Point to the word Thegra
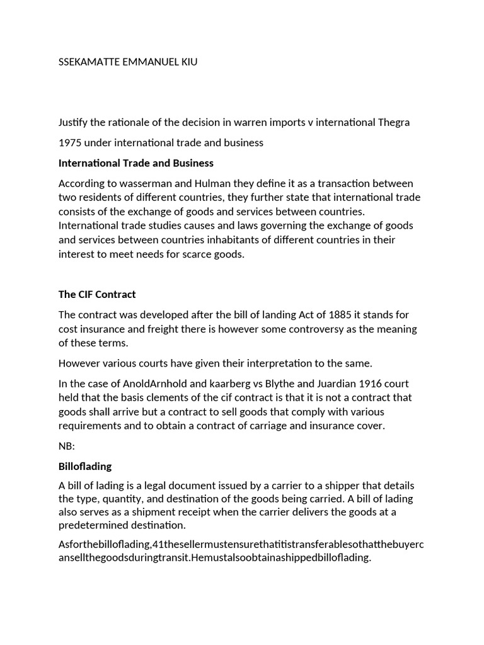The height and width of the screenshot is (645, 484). [393, 122]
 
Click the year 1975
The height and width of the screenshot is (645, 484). [70, 142]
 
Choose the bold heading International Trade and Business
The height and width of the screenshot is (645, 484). [136, 163]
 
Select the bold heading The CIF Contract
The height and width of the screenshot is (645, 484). [97, 294]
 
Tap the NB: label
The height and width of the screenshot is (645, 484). [67, 446]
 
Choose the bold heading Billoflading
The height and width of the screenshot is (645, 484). [85, 466]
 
